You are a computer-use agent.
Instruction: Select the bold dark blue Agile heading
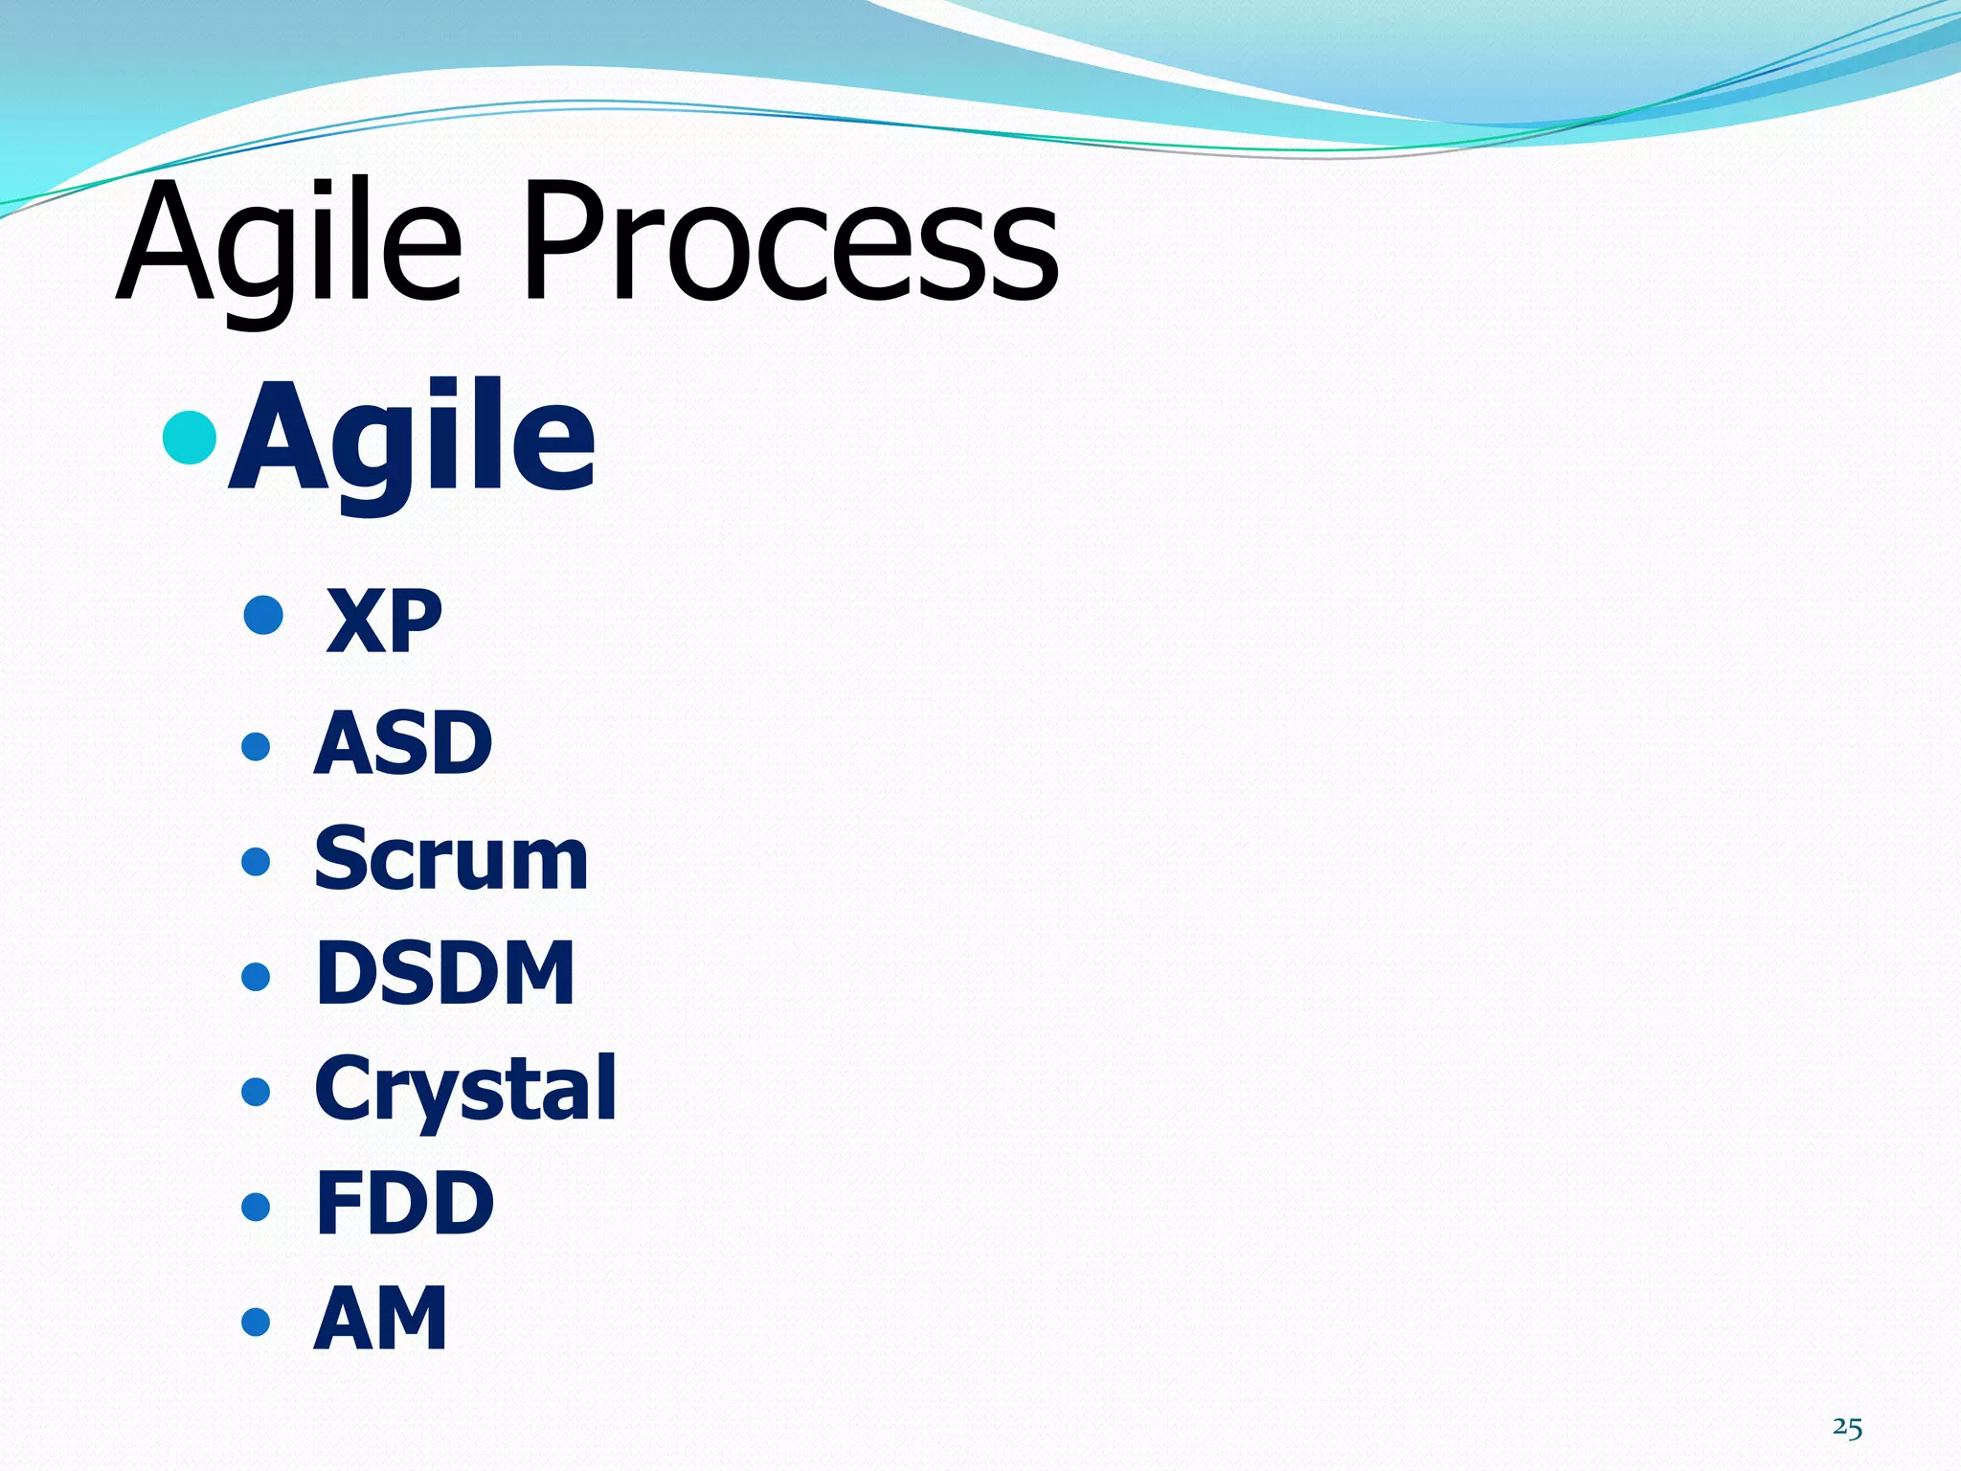click(x=412, y=439)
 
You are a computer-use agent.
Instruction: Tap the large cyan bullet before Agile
click(x=190, y=438)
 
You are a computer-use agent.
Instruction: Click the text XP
click(x=383, y=622)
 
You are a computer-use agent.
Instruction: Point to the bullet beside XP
click(x=263, y=615)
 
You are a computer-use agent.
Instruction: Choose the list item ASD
click(x=403, y=744)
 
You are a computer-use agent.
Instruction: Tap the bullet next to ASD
click(x=256, y=746)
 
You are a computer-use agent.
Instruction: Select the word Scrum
click(x=450, y=859)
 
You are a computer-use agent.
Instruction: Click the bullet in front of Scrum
click(x=256, y=861)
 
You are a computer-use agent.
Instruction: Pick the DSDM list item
click(x=445, y=974)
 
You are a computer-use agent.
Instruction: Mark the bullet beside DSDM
click(x=256, y=976)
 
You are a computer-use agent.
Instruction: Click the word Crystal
click(x=465, y=1089)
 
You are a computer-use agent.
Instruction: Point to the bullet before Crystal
click(x=256, y=1091)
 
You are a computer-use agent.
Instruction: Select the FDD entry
click(x=404, y=1204)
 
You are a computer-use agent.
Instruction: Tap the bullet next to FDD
click(x=256, y=1206)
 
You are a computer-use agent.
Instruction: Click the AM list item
click(x=380, y=1319)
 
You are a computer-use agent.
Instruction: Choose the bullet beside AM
click(x=256, y=1322)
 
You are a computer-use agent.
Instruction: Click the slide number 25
click(x=1847, y=1428)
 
